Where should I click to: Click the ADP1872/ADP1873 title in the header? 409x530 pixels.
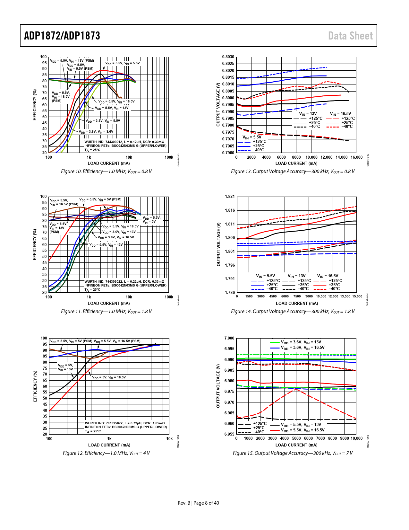[x=62, y=36]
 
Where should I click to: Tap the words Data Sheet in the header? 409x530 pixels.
[x=350, y=36]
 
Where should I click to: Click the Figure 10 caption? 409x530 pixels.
[x=106, y=172]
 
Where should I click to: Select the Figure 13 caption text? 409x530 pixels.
[x=293, y=172]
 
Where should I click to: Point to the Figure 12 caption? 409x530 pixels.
[x=106, y=453]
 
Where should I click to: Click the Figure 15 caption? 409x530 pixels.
[x=293, y=453]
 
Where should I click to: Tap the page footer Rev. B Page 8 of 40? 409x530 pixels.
[x=198, y=503]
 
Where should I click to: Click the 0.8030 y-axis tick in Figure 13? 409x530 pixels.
[x=228, y=57]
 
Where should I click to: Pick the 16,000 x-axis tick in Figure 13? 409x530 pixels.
[x=356, y=157]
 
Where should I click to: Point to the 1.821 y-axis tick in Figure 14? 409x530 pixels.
[x=230, y=197]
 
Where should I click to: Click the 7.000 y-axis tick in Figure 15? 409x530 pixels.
[x=229, y=338]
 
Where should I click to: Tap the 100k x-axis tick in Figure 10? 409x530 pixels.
[x=169, y=157]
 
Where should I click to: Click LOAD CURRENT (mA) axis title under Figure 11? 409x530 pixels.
[x=109, y=304]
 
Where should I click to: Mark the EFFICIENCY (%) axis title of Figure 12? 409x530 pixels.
[x=35, y=386]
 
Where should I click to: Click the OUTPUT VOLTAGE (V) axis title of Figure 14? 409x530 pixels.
[x=219, y=244]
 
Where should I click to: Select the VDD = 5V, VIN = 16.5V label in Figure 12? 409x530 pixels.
[x=109, y=378]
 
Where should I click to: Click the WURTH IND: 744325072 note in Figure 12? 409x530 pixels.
[x=124, y=423]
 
